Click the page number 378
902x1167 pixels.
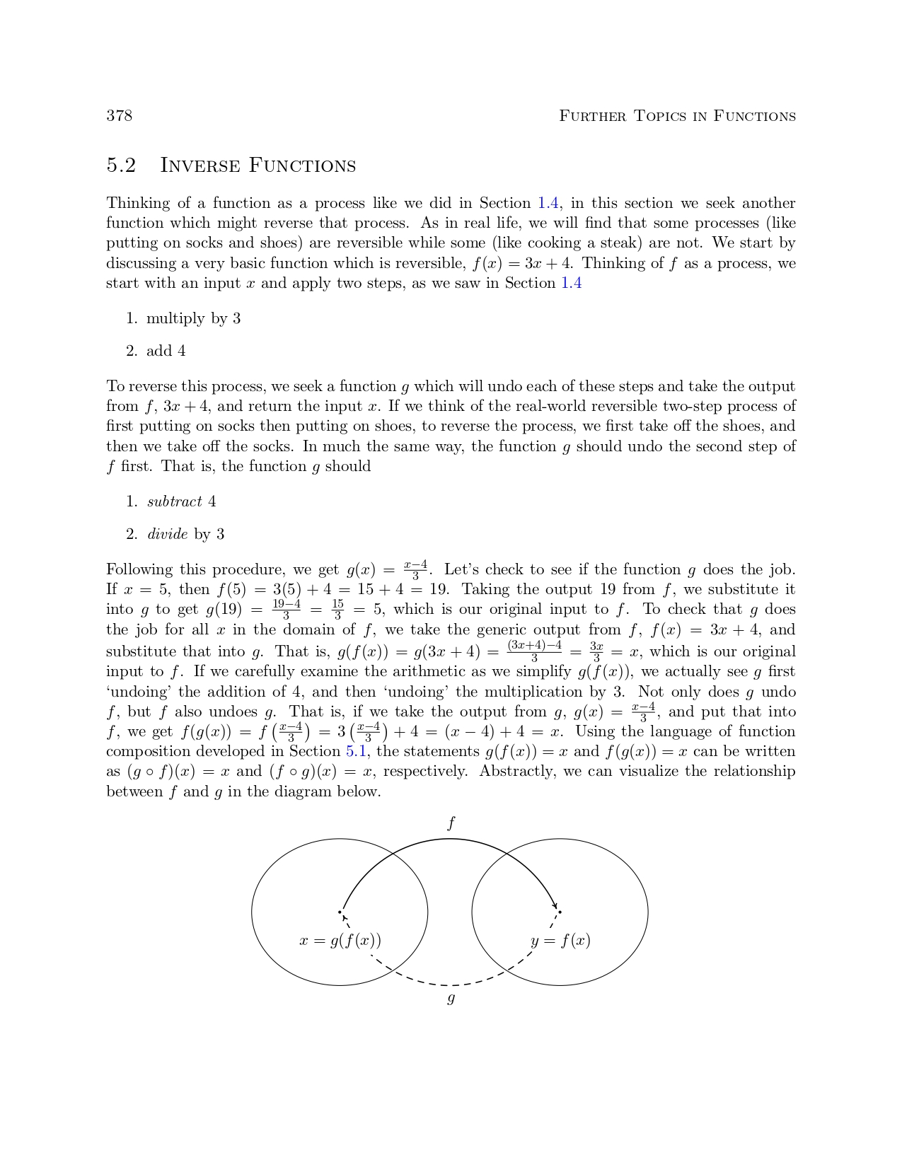click(x=119, y=116)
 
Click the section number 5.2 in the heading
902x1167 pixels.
click(x=121, y=166)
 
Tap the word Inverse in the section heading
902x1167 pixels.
click(x=200, y=166)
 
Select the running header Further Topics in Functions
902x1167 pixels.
click(x=677, y=116)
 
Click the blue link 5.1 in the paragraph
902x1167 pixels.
click(x=356, y=751)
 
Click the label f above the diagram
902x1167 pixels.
click(x=451, y=823)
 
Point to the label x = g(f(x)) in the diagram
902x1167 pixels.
click(x=340, y=941)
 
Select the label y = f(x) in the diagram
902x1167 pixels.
click(x=560, y=941)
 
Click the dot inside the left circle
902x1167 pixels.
click(x=340, y=912)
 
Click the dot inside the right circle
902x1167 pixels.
click(x=560, y=912)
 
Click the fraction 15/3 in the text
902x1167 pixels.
click(x=337, y=610)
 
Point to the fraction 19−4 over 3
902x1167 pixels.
click(x=287, y=610)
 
